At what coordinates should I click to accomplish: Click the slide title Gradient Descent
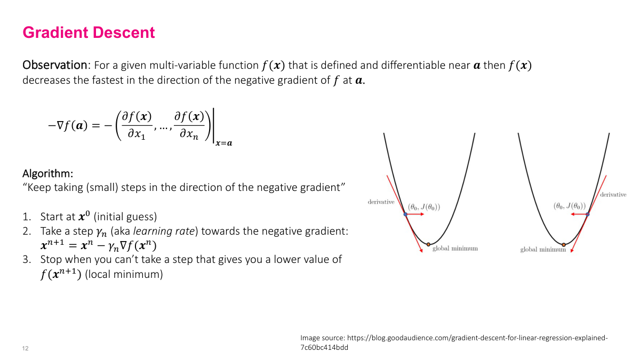[89, 33]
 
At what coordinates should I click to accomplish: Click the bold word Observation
[55, 66]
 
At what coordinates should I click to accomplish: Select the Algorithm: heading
[48, 174]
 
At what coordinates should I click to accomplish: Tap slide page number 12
[26, 348]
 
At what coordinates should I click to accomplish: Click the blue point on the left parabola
[405, 214]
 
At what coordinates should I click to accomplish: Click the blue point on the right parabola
[587, 214]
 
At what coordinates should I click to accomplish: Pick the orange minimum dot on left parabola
[428, 244]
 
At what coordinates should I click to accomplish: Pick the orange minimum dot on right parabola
[564, 244]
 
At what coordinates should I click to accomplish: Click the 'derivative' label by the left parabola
[381, 202]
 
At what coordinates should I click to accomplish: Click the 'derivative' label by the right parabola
[613, 195]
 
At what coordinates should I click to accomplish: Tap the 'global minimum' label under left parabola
[455, 249]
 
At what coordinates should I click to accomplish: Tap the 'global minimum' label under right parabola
[543, 250]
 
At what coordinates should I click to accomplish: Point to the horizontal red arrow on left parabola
[415, 214]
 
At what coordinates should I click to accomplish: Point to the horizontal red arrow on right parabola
[578, 214]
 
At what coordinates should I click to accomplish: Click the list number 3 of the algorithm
[26, 260]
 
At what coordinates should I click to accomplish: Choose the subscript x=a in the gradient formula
[224, 143]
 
